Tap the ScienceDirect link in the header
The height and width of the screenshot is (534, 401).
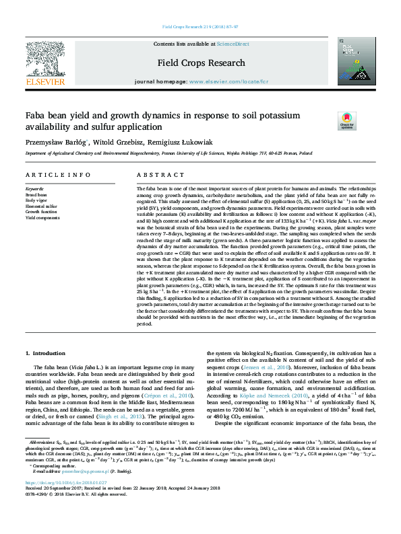tap(233, 44)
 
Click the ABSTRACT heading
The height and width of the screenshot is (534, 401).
tap(151, 175)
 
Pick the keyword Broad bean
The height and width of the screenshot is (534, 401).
tap(37, 194)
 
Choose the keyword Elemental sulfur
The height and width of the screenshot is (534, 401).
tap(42, 206)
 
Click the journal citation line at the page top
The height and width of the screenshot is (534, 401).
tap(200, 28)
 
